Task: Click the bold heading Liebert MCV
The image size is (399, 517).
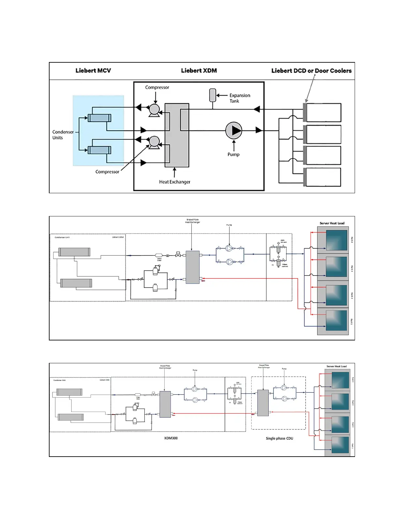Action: pos(93,70)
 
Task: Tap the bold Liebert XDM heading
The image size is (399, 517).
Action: pos(199,70)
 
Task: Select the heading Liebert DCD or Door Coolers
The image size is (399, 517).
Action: pos(311,71)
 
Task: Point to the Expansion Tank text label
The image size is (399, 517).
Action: pos(240,98)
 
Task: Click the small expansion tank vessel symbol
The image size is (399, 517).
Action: pos(213,95)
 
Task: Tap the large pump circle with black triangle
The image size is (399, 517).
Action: pos(234,130)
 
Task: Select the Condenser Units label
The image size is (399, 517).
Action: pos(63,134)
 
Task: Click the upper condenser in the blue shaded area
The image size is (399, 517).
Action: pos(99,118)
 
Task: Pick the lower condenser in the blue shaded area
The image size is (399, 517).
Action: pos(99,150)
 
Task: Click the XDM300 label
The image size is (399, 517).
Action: pos(171,438)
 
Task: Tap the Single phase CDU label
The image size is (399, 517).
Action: pos(279,438)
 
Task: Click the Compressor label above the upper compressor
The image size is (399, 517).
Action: pos(157,87)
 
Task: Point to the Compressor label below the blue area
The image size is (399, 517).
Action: pos(107,172)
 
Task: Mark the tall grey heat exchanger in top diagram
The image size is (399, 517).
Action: pos(177,135)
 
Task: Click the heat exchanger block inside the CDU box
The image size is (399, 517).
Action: pos(263,403)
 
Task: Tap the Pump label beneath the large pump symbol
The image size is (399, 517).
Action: pos(233,154)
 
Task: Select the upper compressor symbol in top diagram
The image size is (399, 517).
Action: pos(154,110)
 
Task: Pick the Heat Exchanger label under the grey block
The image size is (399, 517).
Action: pos(174,182)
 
